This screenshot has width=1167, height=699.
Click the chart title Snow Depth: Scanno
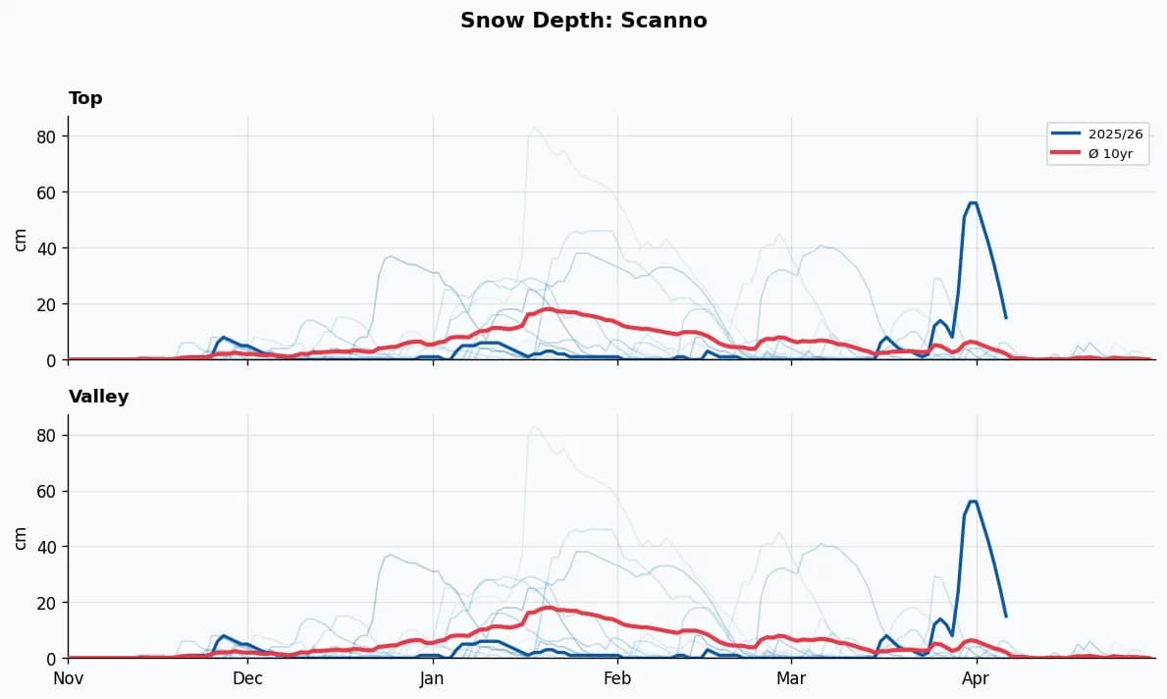[583, 21]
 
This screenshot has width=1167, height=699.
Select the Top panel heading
[85, 98]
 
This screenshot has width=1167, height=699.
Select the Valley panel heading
[98, 397]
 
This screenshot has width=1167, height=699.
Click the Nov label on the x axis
[68, 678]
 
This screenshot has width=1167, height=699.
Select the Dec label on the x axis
[247, 678]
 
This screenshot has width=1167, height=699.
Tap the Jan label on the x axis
[432, 678]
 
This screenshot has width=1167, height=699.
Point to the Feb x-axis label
[617, 678]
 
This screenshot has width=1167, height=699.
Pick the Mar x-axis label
[791, 678]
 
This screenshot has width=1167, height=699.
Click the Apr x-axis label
[976, 678]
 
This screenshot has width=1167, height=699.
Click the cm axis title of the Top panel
[21, 239]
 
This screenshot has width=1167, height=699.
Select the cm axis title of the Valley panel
[21, 536]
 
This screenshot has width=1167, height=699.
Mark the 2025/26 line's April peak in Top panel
[973, 203]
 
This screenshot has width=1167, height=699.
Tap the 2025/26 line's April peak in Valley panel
[973, 502]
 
